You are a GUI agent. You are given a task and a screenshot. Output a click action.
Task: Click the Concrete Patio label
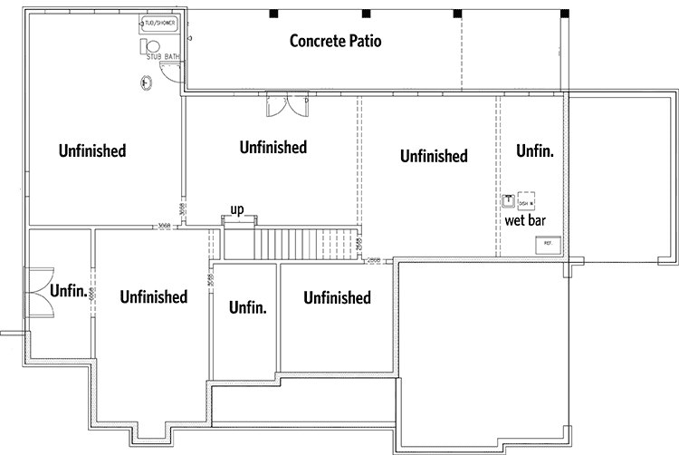335,41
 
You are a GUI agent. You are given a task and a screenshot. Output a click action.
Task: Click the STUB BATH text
164,58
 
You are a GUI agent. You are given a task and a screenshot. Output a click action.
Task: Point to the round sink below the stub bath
145,83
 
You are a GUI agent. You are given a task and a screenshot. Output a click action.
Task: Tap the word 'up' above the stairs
237,209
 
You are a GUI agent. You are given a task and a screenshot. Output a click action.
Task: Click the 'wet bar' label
524,220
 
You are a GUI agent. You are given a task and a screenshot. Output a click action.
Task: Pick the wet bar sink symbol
509,199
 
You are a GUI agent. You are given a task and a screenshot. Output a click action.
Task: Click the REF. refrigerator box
549,245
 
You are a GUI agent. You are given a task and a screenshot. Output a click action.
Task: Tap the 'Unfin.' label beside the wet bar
534,151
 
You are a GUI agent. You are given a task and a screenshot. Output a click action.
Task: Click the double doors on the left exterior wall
39,291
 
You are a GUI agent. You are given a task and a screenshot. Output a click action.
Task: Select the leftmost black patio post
273,14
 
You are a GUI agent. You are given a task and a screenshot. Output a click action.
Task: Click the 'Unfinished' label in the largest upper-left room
91,150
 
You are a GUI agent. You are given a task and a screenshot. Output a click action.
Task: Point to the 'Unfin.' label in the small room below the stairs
247,307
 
